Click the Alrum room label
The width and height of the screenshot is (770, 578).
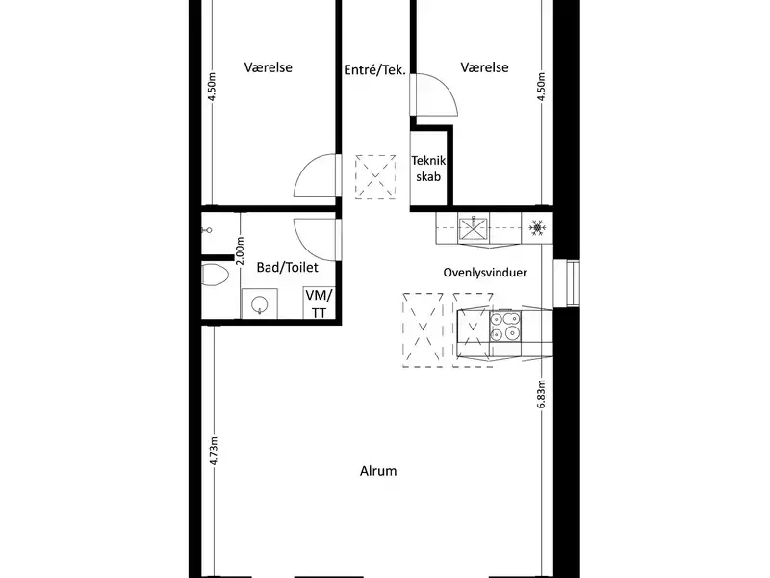pyautogui.click(x=378, y=471)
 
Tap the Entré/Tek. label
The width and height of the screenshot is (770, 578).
pyautogui.click(x=374, y=69)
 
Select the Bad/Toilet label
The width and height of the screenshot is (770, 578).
pyautogui.click(x=287, y=267)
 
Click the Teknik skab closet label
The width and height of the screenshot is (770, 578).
pyautogui.click(x=428, y=169)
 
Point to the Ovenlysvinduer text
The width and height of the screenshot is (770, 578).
pyautogui.click(x=485, y=273)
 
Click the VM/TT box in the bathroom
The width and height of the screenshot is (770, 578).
pyautogui.click(x=320, y=302)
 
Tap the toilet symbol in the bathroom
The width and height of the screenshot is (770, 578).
pyautogui.click(x=215, y=276)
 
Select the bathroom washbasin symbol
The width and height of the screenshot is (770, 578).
pyautogui.click(x=259, y=304)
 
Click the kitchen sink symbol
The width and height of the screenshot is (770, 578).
pyautogui.click(x=474, y=228)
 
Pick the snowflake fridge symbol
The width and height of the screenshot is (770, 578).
pyautogui.click(x=537, y=227)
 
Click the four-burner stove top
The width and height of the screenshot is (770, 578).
pyautogui.click(x=504, y=326)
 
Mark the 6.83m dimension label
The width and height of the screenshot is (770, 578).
pyautogui.click(x=541, y=394)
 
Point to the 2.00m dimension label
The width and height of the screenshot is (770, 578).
pyautogui.click(x=240, y=250)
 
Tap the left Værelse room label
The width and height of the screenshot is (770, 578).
pyautogui.click(x=269, y=67)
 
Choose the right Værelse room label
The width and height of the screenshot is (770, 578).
pyautogui.click(x=484, y=67)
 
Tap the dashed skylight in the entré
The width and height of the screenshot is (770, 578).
pyautogui.click(x=375, y=176)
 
